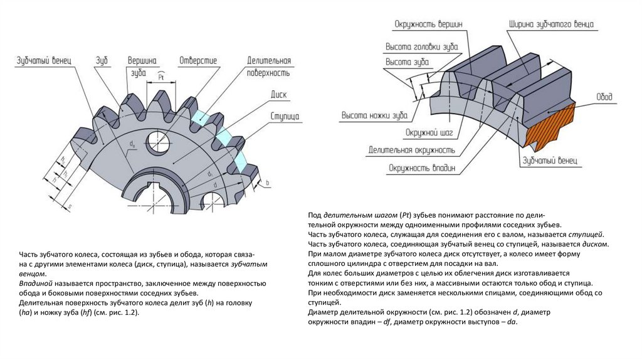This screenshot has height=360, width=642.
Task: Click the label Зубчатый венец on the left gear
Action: point(43,60)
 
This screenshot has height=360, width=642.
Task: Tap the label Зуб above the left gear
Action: point(102,60)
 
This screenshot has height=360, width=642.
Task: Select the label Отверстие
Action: point(198,60)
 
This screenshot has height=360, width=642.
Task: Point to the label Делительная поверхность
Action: point(269,66)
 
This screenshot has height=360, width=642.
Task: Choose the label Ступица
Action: point(284,117)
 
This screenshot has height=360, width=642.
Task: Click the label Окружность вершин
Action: point(429,24)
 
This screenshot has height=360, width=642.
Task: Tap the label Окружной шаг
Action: point(426,133)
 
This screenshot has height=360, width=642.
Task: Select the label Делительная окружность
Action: point(411,151)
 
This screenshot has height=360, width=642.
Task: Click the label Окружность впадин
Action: point(421,168)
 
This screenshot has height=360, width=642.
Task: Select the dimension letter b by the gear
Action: point(266,183)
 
